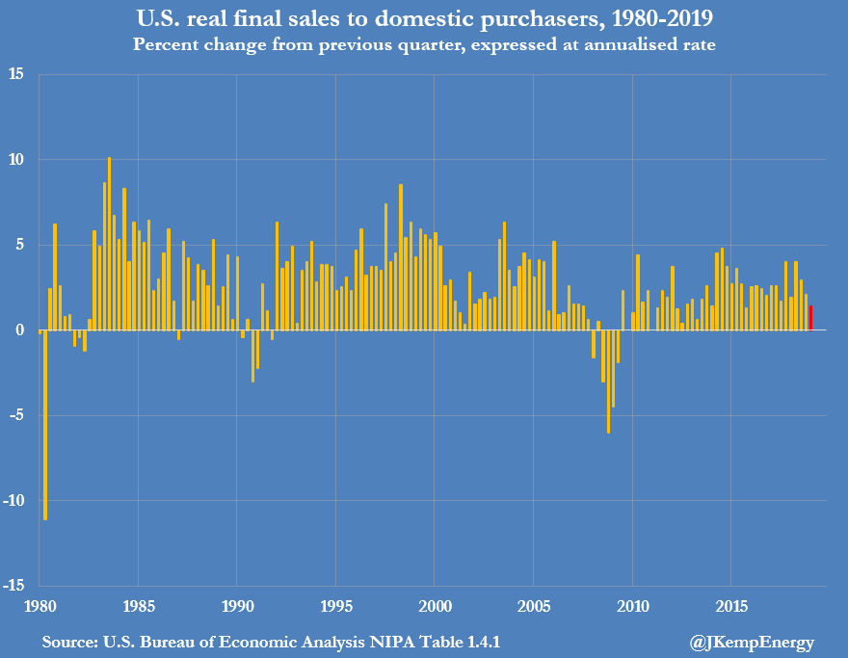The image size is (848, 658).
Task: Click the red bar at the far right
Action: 810,318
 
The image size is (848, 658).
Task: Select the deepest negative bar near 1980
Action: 45,424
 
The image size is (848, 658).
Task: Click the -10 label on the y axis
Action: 16,500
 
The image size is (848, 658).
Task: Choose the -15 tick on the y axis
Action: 16,585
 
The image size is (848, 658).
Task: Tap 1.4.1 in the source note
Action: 479,642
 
